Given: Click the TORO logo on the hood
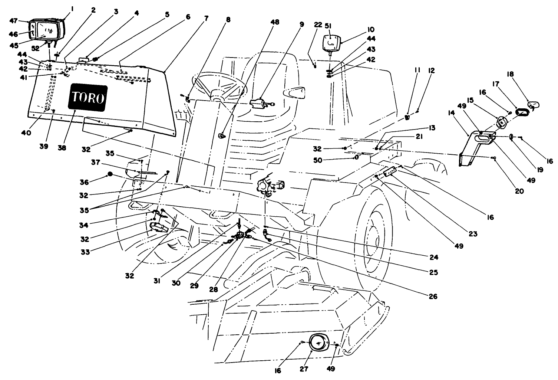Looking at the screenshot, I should tap(88, 98).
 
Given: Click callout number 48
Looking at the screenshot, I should tap(275, 22).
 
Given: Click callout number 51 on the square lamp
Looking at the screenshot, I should tap(328, 26).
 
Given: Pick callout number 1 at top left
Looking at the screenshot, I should tap(72, 7).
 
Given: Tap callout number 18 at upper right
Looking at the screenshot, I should tap(511, 74).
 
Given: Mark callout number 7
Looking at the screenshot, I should tap(206, 17).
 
